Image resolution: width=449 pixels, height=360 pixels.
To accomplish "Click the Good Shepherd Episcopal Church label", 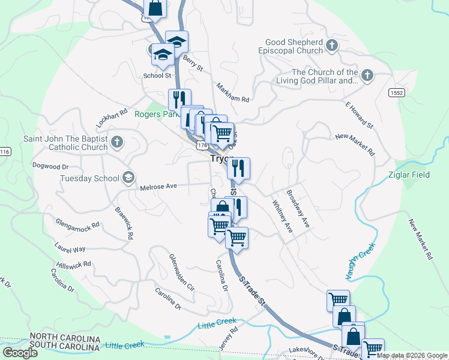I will coord(294,47).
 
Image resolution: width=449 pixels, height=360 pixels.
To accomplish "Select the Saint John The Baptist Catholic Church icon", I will coord(118,143).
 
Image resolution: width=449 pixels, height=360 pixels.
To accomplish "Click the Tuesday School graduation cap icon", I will coord(128,178).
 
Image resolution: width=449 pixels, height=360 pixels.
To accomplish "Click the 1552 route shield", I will coord(396,92).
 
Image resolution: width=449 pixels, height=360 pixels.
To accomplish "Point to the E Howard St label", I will coord(359,115).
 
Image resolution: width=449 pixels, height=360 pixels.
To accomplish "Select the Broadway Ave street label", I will coord(298,209).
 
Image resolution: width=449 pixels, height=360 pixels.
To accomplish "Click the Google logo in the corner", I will coord(19,353).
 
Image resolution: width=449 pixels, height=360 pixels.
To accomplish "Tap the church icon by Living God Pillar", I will coord(367,76).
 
